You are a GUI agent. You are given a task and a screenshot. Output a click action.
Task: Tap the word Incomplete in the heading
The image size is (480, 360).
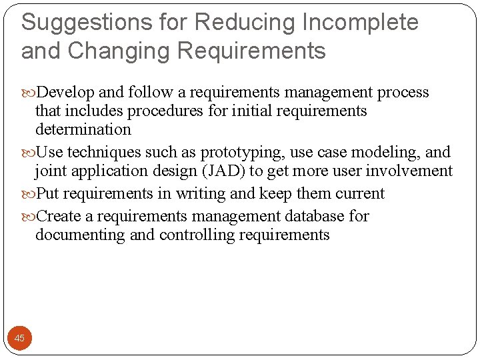360,23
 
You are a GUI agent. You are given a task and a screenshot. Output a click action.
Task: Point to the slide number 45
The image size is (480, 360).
19,338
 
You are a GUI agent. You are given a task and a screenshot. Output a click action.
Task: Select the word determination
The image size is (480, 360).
83,129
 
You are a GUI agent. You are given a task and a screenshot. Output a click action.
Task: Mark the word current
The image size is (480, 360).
361,193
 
